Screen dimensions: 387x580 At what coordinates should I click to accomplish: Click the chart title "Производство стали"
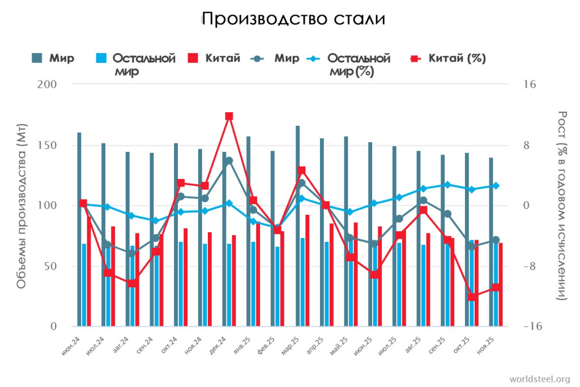293,19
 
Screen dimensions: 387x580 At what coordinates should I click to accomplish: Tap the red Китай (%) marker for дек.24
229,116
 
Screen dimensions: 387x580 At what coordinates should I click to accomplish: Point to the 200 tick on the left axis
49,84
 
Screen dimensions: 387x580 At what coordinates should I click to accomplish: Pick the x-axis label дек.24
218,346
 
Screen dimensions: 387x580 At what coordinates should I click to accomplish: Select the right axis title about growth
562,206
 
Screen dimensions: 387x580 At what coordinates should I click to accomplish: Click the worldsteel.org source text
540,379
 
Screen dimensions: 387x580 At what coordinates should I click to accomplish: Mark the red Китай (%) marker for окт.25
472,297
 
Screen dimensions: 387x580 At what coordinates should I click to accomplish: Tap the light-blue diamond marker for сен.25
447,185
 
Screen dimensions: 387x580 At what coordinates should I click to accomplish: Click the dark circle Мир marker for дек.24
229,161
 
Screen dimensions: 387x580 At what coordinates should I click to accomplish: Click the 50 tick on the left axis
52,266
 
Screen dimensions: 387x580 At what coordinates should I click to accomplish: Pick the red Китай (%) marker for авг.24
132,283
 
